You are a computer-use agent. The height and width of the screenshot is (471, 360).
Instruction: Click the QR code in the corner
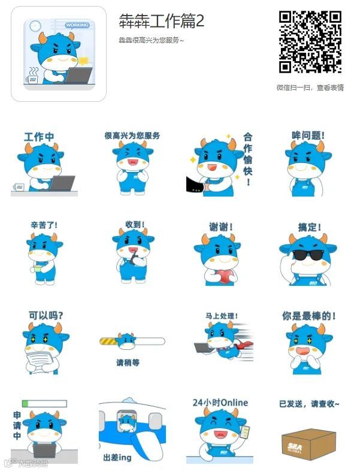tap(310, 41)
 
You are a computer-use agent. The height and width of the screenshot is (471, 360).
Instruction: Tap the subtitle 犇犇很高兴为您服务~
tap(151, 40)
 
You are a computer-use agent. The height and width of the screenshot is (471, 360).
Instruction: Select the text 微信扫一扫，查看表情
tap(310, 87)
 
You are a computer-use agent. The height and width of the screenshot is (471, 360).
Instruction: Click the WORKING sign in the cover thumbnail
tap(77, 25)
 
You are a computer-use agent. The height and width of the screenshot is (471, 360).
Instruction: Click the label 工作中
tap(39, 137)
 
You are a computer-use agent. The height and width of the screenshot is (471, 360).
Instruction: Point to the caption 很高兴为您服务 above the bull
tap(132, 136)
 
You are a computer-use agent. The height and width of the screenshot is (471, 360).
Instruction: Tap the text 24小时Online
tap(220, 403)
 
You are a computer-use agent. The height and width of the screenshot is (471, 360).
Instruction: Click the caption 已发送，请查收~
tap(309, 404)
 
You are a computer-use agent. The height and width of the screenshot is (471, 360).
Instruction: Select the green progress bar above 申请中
tap(44, 403)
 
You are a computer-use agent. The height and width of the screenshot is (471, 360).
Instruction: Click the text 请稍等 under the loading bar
tap(128, 363)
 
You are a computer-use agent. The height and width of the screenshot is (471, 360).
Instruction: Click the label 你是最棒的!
tap(309, 315)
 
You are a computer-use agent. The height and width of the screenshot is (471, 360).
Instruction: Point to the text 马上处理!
tap(222, 315)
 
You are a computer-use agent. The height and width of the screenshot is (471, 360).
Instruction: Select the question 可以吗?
tap(46, 315)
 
